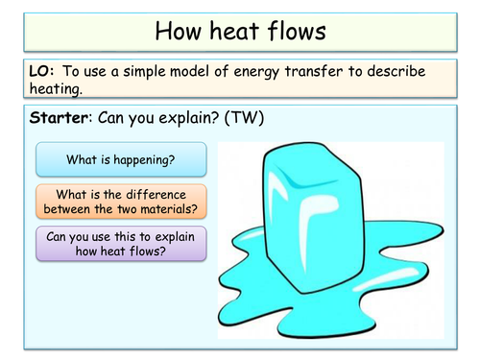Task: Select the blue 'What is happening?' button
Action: (x=120, y=158)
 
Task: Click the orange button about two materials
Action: (x=120, y=200)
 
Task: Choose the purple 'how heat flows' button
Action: (x=120, y=243)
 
